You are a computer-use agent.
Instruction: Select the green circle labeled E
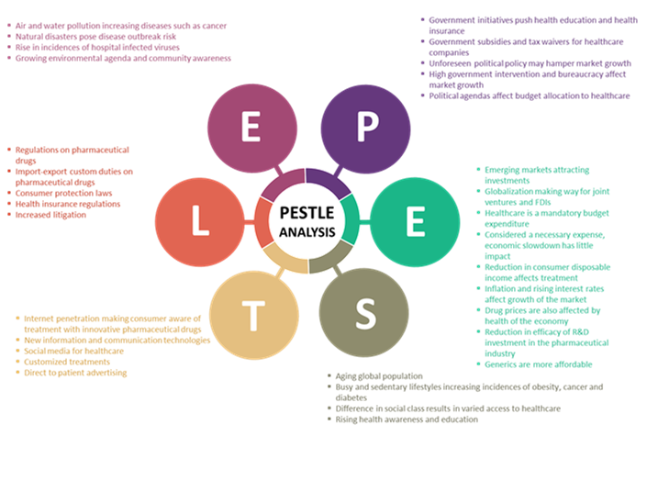click(x=414, y=220)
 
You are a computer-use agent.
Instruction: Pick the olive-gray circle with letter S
click(x=364, y=314)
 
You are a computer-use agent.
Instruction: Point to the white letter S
click(x=364, y=314)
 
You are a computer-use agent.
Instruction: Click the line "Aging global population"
click(x=379, y=376)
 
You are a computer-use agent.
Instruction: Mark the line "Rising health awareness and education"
click(x=407, y=419)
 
